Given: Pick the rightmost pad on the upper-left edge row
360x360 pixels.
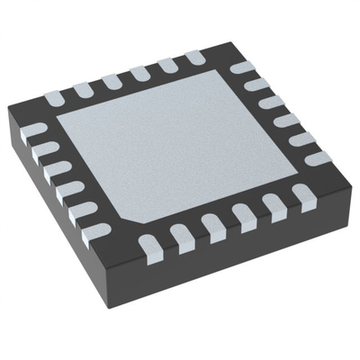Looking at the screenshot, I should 193,58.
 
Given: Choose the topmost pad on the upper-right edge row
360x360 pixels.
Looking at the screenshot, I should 242,67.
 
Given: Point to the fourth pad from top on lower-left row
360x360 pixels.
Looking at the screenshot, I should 73,190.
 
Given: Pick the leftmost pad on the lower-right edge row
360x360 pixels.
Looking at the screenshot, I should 149,243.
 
